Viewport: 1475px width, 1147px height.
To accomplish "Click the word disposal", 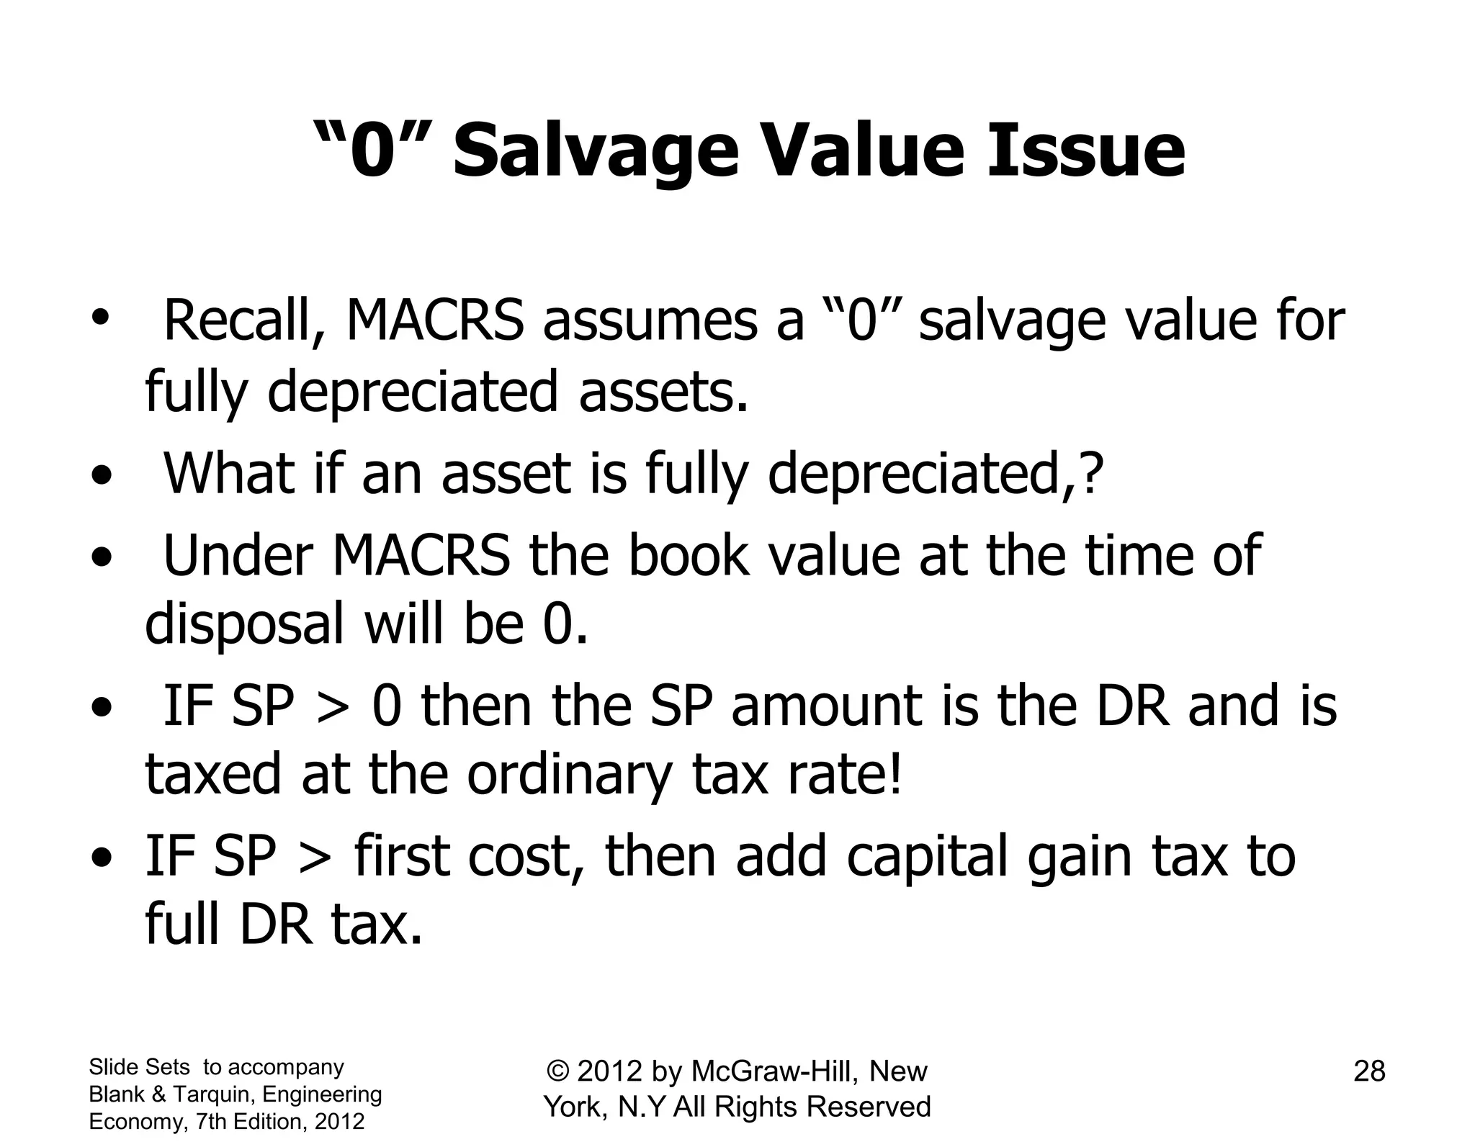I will coord(245,625).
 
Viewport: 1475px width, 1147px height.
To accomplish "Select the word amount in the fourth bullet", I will coord(826,706).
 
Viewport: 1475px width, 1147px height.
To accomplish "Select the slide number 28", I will coord(1369,1071).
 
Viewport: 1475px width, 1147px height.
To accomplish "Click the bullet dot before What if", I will coord(102,477).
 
